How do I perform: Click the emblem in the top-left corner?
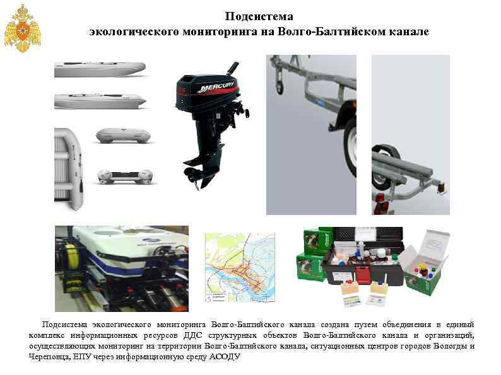tap(23, 29)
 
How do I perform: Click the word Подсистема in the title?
tap(259, 16)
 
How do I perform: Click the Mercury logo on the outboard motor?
tap(215, 87)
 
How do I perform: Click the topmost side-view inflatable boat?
tap(100, 69)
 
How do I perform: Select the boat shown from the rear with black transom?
tap(125, 176)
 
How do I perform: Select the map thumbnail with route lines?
tap(240, 267)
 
